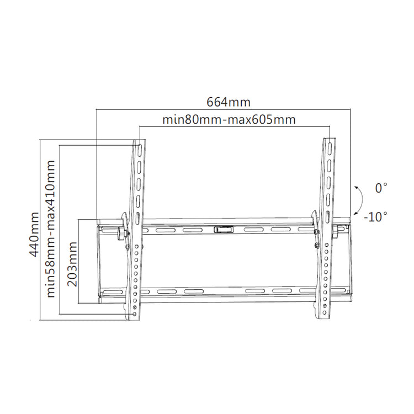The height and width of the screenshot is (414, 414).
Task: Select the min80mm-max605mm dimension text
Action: coord(229,120)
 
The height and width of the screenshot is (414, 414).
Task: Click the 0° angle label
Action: coord(381,189)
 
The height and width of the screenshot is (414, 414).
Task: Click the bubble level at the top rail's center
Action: coord(223,228)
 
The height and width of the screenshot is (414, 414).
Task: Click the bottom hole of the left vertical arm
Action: coord(135,314)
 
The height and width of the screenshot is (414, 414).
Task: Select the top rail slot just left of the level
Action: coord(192,229)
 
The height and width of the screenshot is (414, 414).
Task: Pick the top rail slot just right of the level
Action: coord(253,229)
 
